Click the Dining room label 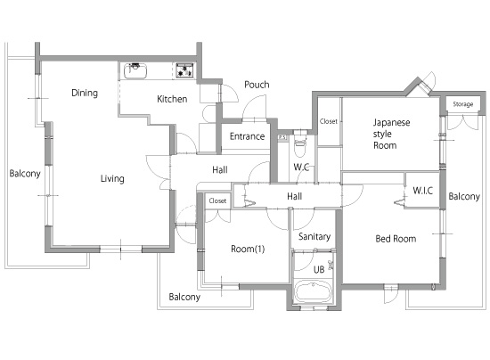(85, 93)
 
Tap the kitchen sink (135, 71)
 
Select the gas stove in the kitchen (184, 70)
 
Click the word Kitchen (172, 99)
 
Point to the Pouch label (257, 85)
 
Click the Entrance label (247, 136)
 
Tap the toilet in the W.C (299, 144)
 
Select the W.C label (301, 167)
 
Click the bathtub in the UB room (313, 291)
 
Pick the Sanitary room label (314, 236)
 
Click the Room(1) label (248, 250)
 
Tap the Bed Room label (396, 239)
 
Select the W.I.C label (423, 191)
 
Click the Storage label (462, 104)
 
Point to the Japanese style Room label (391, 134)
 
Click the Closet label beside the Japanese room (329, 121)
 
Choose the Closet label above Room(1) (217, 200)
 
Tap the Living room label (112, 178)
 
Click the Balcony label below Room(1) (184, 297)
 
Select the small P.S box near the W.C (282, 137)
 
